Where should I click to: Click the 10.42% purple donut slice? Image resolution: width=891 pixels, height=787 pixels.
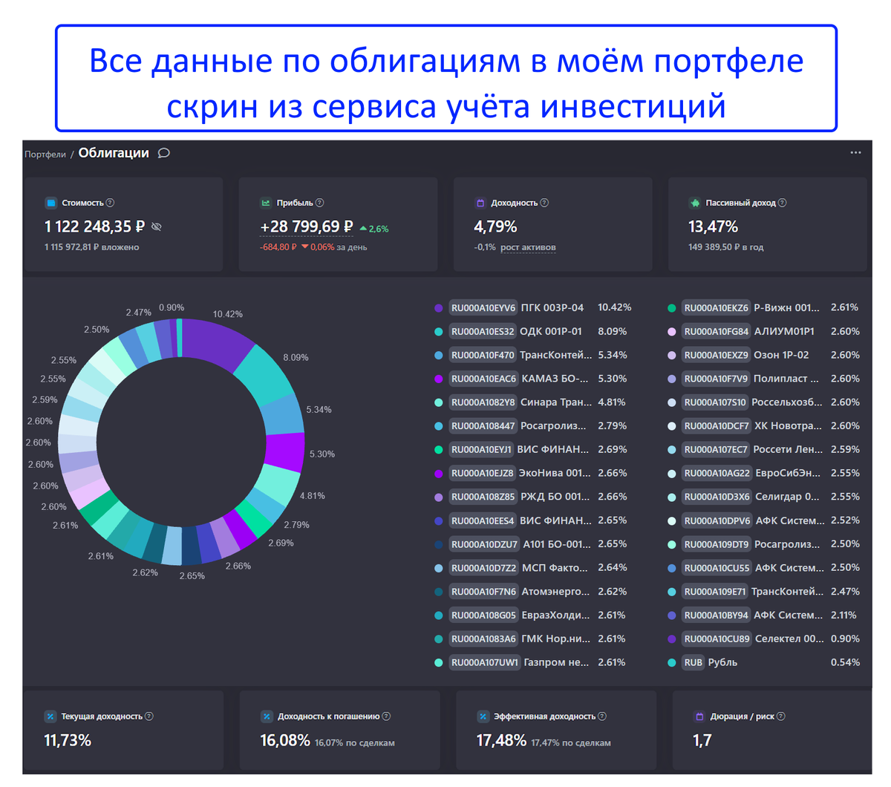point(215,342)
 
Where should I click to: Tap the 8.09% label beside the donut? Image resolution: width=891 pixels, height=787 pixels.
point(296,357)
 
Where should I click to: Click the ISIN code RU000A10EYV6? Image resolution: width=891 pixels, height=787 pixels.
point(483,307)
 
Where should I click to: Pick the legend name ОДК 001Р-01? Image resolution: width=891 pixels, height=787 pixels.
point(551,331)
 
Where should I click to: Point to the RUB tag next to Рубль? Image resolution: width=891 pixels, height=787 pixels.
point(693,662)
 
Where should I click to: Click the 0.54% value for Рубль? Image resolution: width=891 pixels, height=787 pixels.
point(845,662)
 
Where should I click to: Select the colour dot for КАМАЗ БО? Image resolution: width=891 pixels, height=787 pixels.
point(439,379)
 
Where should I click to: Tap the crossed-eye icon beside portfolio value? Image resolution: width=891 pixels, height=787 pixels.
point(157,226)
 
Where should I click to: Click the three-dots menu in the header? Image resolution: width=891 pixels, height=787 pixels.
point(855,152)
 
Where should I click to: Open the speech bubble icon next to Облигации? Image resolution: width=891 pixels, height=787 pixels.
point(164,153)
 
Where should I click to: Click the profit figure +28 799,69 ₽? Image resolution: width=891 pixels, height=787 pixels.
point(307,226)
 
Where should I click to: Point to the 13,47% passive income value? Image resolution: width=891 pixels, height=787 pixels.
point(713,226)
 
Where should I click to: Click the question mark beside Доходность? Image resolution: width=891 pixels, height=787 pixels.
point(544,203)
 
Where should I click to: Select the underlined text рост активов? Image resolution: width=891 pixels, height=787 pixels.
point(528,247)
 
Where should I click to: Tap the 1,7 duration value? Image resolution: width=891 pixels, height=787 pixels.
point(702,740)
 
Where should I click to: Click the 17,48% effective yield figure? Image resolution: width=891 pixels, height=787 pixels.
point(501,740)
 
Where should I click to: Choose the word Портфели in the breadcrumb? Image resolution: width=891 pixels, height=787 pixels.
point(45,154)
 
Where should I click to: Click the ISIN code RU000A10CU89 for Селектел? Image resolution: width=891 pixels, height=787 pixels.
point(717,639)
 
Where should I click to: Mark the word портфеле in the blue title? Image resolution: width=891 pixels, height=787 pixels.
point(728,62)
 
